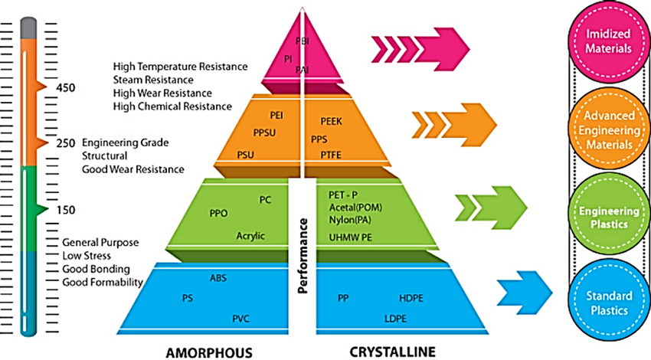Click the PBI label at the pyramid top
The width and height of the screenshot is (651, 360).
click(302, 41)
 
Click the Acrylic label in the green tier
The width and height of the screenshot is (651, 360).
click(250, 236)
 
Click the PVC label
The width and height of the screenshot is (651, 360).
click(241, 318)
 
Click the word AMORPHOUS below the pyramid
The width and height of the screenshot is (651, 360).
click(211, 352)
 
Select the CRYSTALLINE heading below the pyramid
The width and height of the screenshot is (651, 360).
click(394, 352)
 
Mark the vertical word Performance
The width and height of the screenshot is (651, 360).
click(303, 256)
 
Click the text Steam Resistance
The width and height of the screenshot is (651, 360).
click(153, 79)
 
